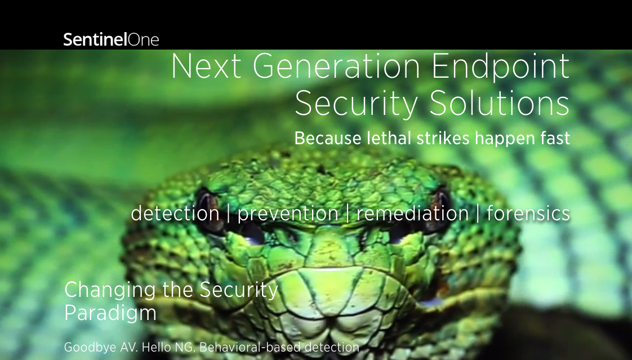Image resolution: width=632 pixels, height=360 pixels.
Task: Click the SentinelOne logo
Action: tap(111, 39)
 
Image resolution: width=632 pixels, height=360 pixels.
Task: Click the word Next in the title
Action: tap(206, 66)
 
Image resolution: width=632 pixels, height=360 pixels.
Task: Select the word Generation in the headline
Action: tap(336, 66)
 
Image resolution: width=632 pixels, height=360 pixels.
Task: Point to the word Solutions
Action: tap(500, 103)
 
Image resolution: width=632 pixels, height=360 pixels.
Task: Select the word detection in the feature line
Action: tap(175, 213)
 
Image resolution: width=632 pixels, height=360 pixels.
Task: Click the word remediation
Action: tap(412, 213)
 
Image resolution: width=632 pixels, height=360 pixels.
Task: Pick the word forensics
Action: tap(528, 213)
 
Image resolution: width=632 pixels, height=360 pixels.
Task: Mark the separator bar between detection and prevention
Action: tap(229, 214)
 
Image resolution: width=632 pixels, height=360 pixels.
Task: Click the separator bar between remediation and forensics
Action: tap(478, 214)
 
